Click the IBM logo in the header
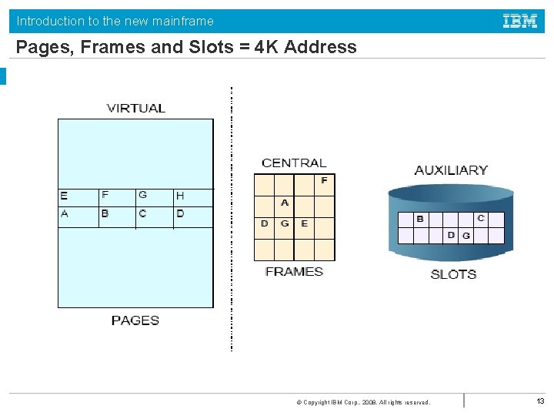pyautogui.click(x=520, y=22)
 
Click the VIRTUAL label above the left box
pyautogui.click(x=136, y=109)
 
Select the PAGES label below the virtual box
pyautogui.click(x=135, y=320)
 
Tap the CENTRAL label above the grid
pyautogui.click(x=294, y=163)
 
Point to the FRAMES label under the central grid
pyautogui.click(x=294, y=272)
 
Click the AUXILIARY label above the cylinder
pyautogui.click(x=451, y=170)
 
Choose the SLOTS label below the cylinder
pyautogui.click(x=453, y=274)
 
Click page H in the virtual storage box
pyautogui.click(x=180, y=196)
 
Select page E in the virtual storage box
pyautogui.click(x=64, y=196)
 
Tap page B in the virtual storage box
pyautogui.click(x=105, y=213)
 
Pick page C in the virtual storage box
pyautogui.click(x=142, y=213)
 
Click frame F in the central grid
pyautogui.click(x=324, y=180)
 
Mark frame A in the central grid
pyautogui.click(x=285, y=203)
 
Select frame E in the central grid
pyautogui.click(x=305, y=224)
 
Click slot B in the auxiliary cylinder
pyautogui.click(x=420, y=219)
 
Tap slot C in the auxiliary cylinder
pyautogui.click(x=481, y=218)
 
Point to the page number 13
pyautogui.click(x=540, y=401)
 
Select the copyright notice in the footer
pyautogui.click(x=362, y=402)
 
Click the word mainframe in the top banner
pyautogui.click(x=178, y=21)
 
